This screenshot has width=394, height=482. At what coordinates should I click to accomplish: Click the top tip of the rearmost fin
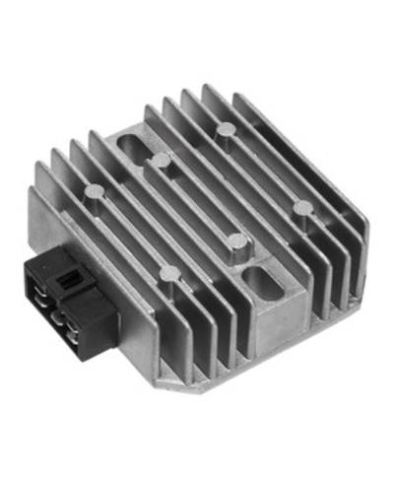click(208, 88)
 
